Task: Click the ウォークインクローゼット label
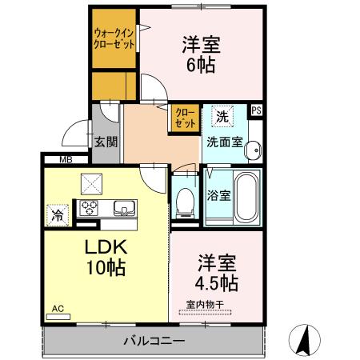(x=114, y=38)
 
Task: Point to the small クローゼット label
(x=183, y=119)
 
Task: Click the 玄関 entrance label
(x=106, y=142)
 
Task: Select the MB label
(x=63, y=160)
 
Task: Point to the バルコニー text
(x=154, y=342)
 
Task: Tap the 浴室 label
(x=217, y=194)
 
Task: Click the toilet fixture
(x=184, y=201)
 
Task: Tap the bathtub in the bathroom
(x=246, y=198)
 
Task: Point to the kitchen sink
(x=124, y=209)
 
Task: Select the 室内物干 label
(x=205, y=304)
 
